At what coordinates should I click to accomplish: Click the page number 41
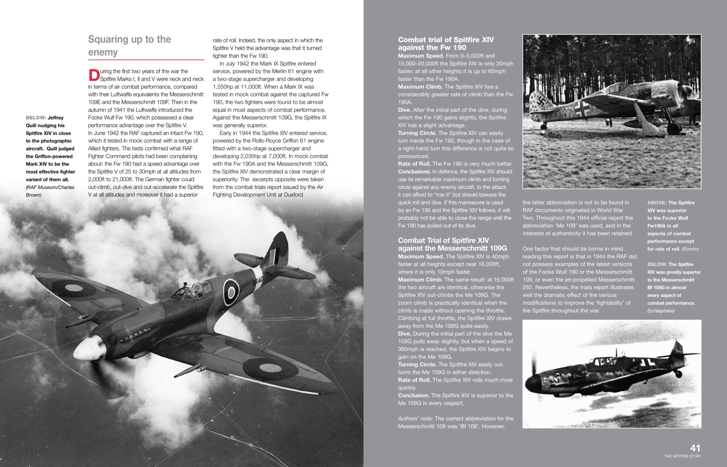pyautogui.click(x=695, y=448)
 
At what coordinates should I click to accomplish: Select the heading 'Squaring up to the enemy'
pyautogui.click(x=129, y=45)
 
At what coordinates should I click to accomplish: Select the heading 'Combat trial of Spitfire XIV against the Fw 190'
pyautogui.click(x=446, y=44)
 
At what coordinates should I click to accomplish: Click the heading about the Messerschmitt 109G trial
pyautogui.click(x=452, y=244)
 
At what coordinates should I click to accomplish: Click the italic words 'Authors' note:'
pyautogui.click(x=415, y=418)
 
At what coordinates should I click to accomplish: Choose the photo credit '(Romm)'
pyautogui.click(x=690, y=249)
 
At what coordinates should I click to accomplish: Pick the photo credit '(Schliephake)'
pyautogui.click(x=661, y=311)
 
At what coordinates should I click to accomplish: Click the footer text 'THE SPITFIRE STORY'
pyautogui.click(x=683, y=456)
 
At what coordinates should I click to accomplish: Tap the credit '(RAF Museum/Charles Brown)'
pyautogui.click(x=50, y=191)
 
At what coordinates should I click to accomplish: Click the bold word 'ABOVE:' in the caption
pyautogui.click(x=656, y=203)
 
